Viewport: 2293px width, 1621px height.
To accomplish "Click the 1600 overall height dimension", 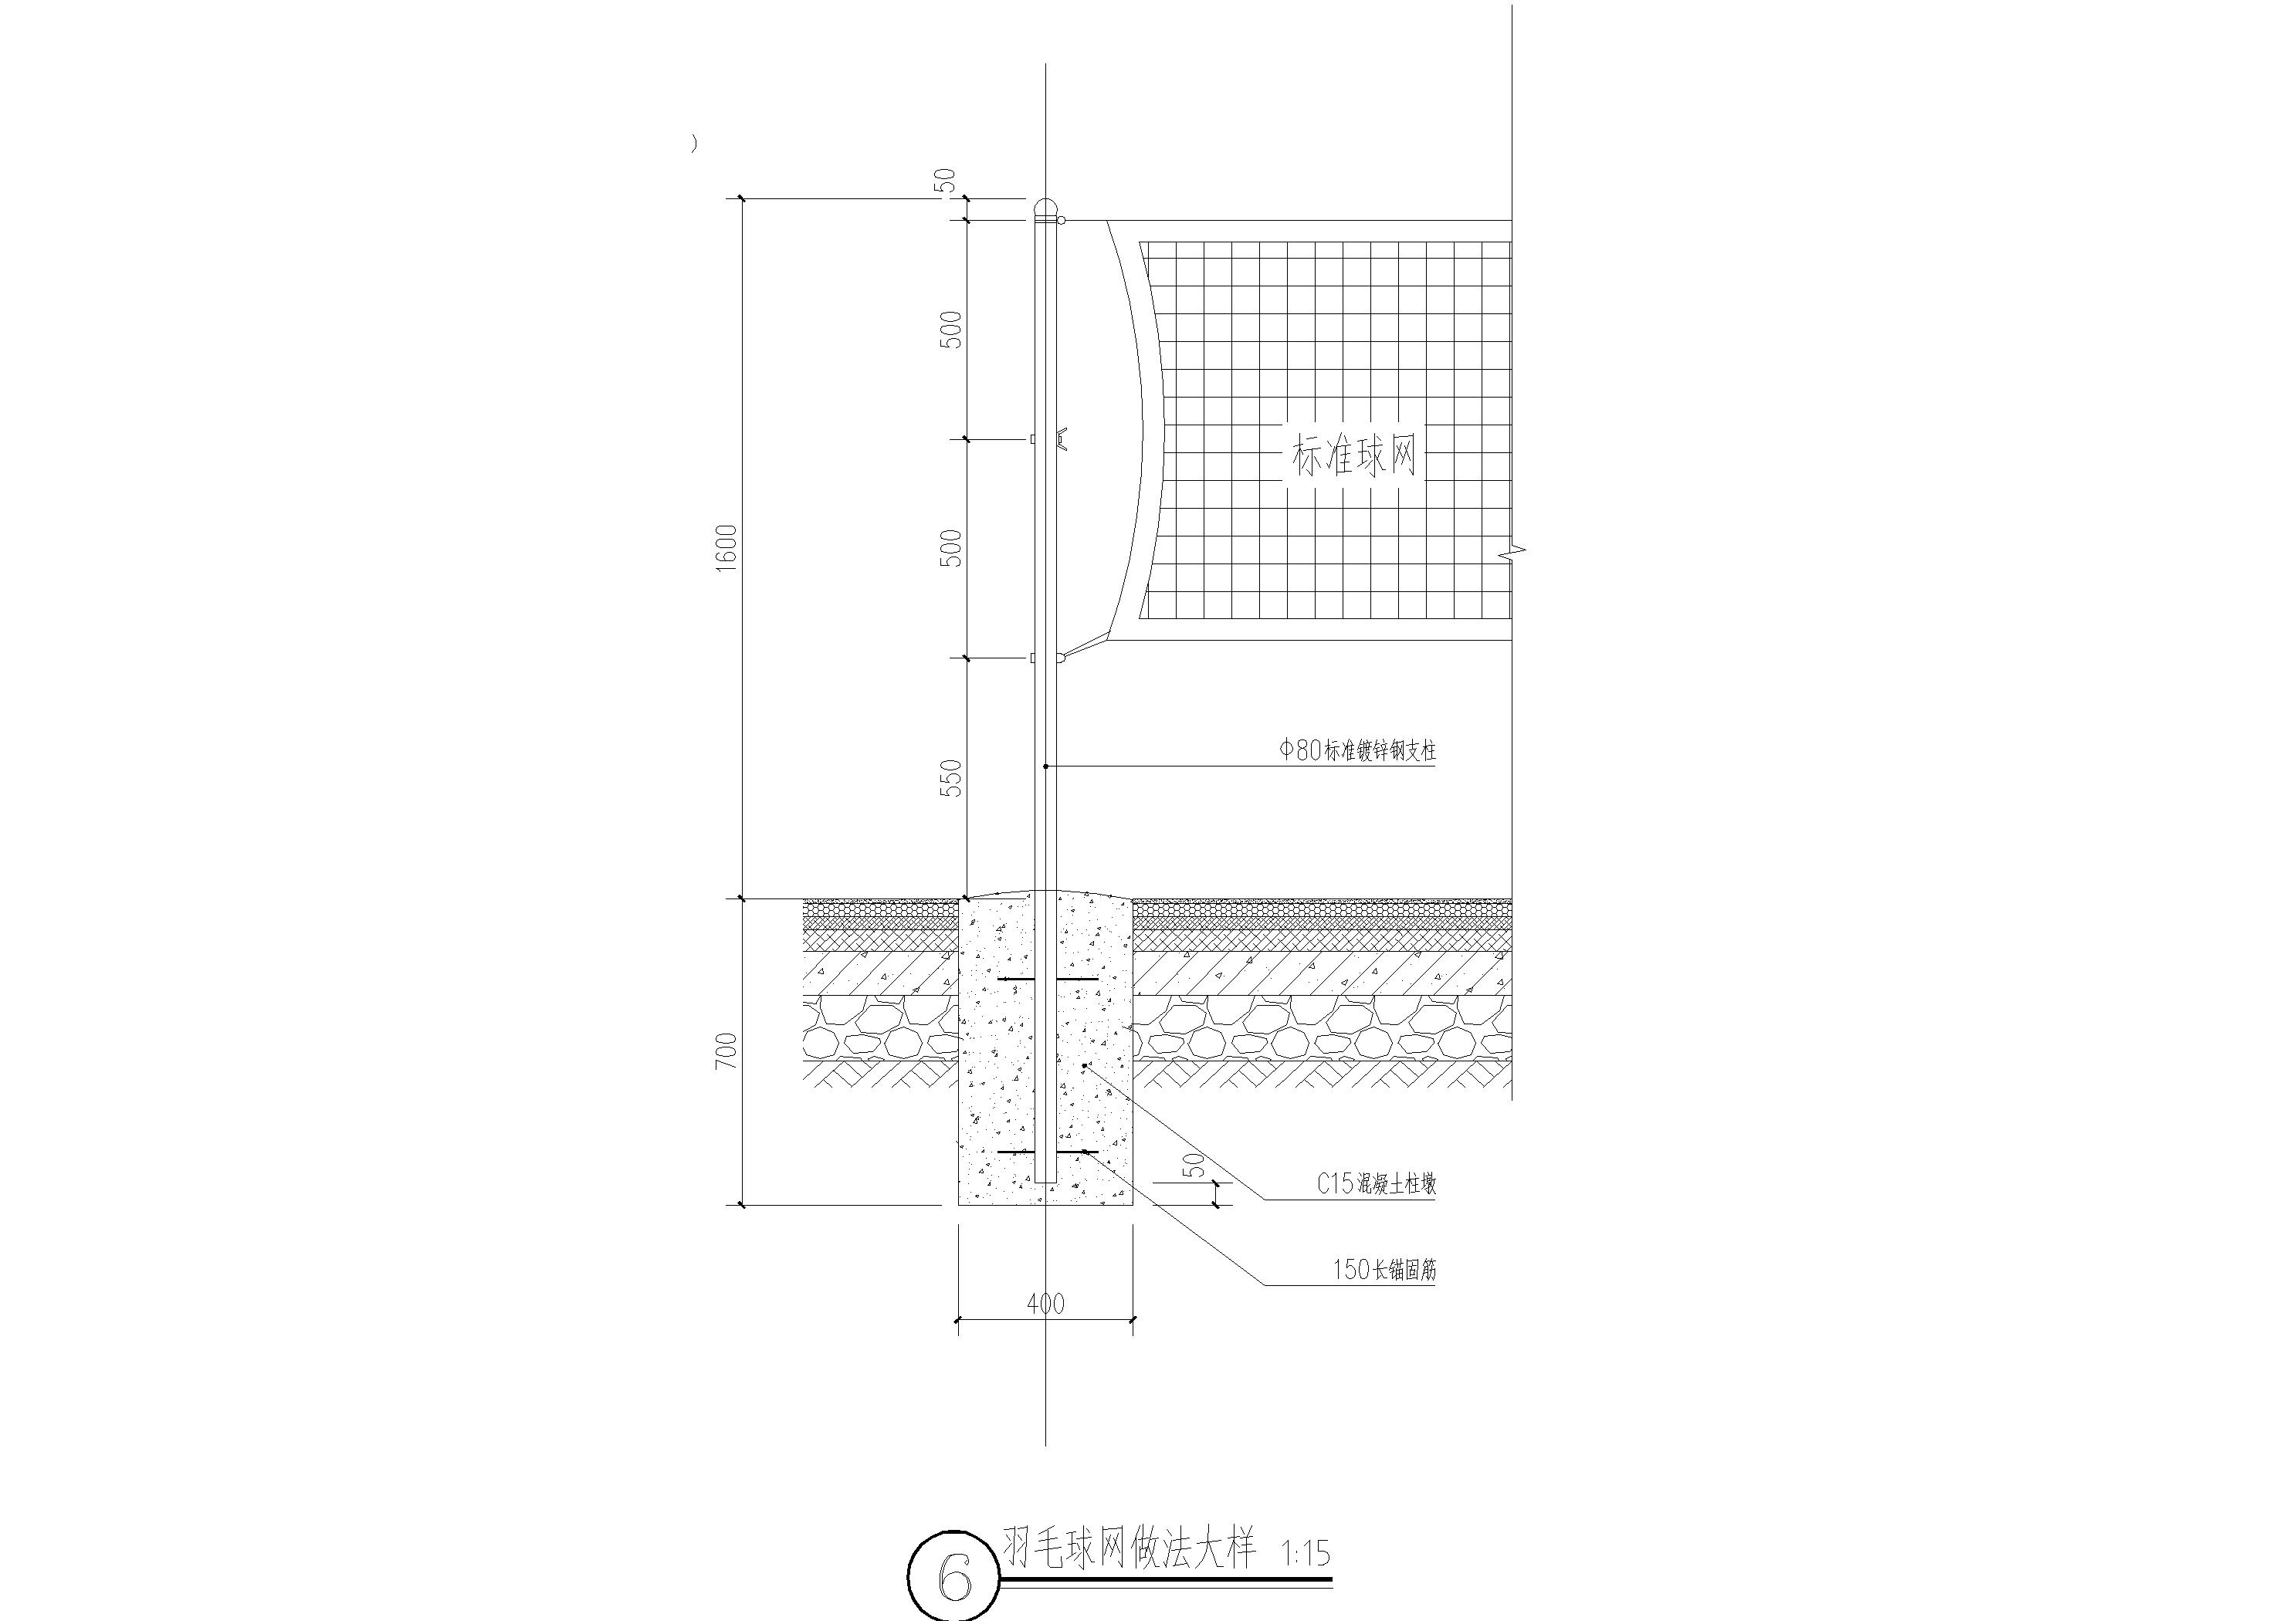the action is coord(726,547).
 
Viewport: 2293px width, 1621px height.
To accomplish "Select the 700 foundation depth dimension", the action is coord(726,1051).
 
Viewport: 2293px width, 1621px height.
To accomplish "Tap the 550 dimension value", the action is coord(952,778).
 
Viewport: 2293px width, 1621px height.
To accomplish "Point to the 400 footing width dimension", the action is coord(1045,1304).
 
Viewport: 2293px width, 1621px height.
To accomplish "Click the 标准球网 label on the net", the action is coord(1354,458).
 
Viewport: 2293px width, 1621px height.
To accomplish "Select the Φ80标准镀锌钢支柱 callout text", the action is coord(1358,750).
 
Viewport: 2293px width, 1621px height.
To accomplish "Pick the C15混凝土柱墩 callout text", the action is coord(1377,1185).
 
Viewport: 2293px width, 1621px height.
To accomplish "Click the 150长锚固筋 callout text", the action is coord(1384,1270).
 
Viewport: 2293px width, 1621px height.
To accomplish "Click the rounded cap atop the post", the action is coord(1045,208).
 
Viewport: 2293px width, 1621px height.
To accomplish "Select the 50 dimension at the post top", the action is coord(945,181).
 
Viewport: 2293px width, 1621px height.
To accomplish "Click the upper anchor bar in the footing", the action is coord(1048,979).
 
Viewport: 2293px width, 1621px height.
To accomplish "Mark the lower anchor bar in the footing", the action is coord(1048,1152).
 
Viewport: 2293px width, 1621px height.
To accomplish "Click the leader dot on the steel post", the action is coord(1045,766).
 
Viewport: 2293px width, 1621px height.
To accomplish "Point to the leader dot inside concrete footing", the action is coord(1085,1066).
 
